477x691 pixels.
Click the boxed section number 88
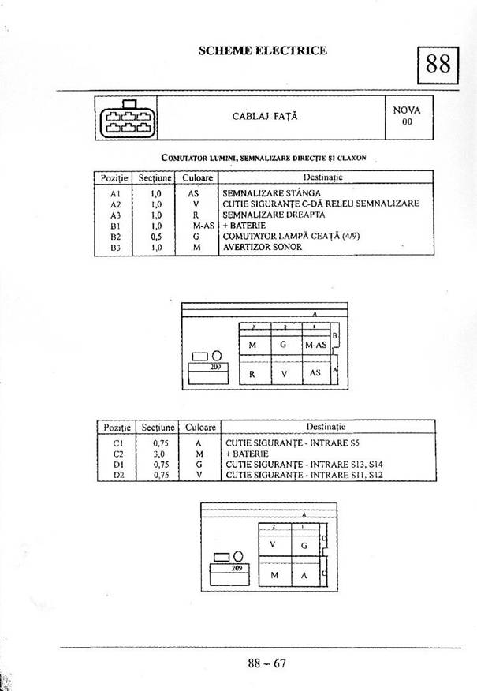click(438, 64)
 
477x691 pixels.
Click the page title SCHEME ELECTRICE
click(263, 50)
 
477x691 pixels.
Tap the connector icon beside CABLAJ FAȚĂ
click(126, 118)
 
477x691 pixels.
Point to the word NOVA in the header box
click(407, 110)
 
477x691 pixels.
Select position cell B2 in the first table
click(115, 236)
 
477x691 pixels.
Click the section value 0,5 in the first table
click(156, 236)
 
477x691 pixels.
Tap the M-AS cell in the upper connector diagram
click(315, 345)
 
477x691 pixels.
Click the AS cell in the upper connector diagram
click(315, 372)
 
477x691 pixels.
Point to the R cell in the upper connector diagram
click(252, 374)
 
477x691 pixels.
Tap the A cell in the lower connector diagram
click(304, 574)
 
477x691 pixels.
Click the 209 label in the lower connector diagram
click(236, 568)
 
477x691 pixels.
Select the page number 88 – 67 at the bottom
click(266, 663)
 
